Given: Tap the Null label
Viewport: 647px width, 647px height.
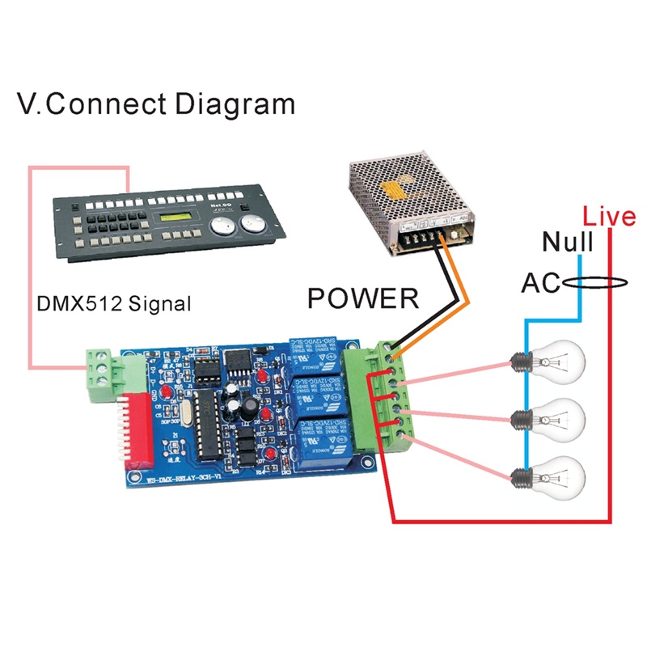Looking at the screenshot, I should click(x=568, y=241).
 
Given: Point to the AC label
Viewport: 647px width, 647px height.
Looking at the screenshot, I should click(x=539, y=283).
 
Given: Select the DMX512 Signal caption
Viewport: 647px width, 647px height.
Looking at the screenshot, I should click(x=114, y=305).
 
